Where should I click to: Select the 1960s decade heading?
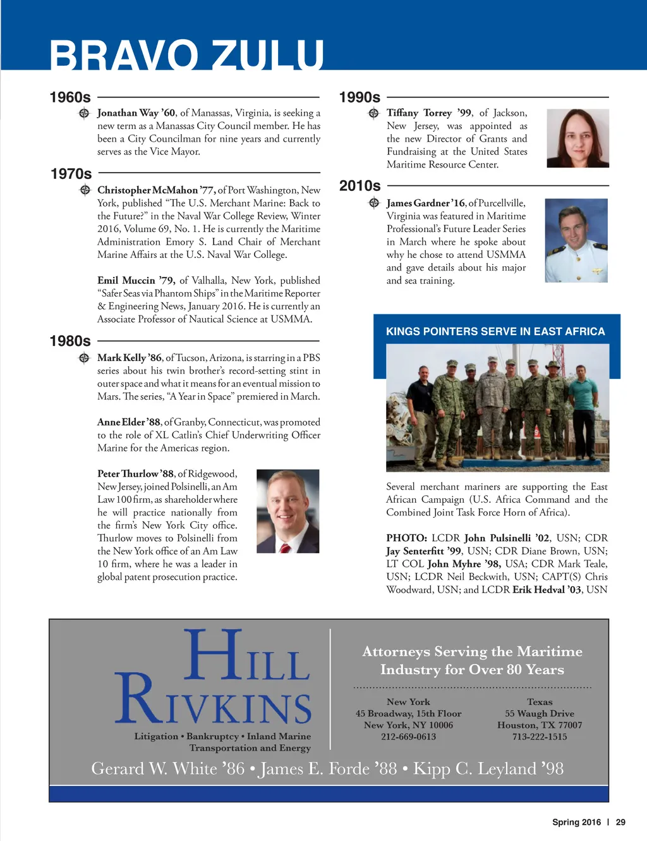pyautogui.click(x=70, y=97)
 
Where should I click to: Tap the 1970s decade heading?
pyautogui.click(x=71, y=174)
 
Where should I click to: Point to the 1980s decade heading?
pyautogui.click(x=70, y=341)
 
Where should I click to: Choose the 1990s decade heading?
pyautogui.click(x=360, y=97)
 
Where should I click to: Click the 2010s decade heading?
pyautogui.click(x=360, y=186)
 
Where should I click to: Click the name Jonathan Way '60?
pyautogui.click(x=136, y=113)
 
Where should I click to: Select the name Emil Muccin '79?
pyautogui.click(x=136, y=280)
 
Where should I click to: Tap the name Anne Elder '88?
pyautogui.click(x=129, y=422)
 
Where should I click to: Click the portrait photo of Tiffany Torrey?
pyautogui.click(x=577, y=138)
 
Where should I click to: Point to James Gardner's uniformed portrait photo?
pyautogui.click(x=576, y=240)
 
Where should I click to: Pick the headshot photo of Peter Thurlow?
pyautogui.click(x=287, y=511)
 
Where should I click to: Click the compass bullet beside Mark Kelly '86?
pyautogui.click(x=84, y=358)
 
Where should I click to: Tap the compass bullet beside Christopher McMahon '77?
pyautogui.click(x=85, y=190)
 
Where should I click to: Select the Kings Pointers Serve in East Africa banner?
pyautogui.click(x=495, y=331)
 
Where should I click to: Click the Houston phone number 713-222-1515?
pyautogui.click(x=540, y=737)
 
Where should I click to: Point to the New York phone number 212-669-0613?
pyautogui.click(x=408, y=737)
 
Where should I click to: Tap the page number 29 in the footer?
pyautogui.click(x=620, y=822)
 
